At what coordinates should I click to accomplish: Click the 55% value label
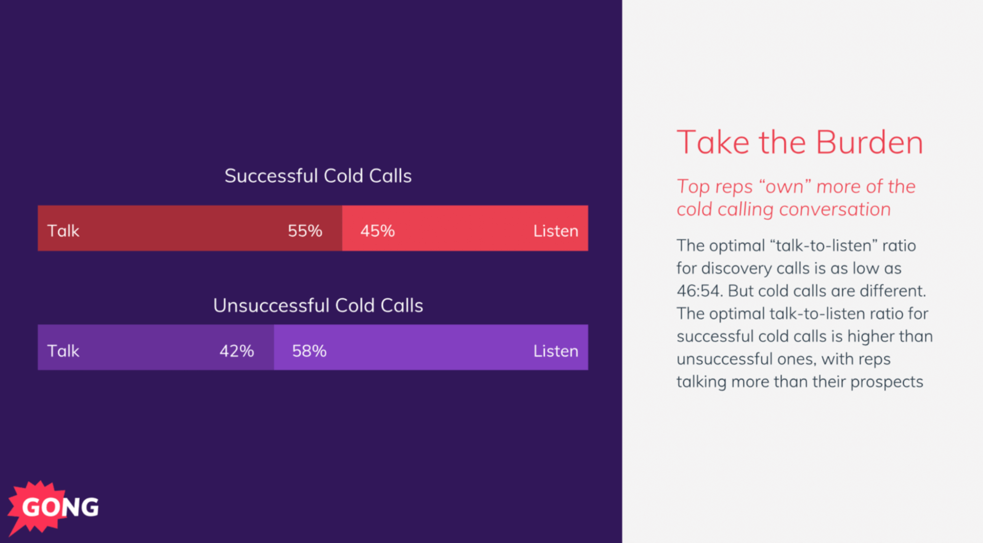[304, 231]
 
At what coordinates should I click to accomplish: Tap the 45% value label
[377, 231]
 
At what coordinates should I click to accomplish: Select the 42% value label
[237, 351]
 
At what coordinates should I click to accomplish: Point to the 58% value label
[309, 351]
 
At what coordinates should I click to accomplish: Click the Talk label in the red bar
[63, 231]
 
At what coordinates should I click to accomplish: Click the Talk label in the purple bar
[63, 351]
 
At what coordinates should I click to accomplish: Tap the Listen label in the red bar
[555, 231]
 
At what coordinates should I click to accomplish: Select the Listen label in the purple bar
[555, 351]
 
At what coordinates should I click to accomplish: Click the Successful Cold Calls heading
[318, 176]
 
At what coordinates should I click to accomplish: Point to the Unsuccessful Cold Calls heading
[318, 306]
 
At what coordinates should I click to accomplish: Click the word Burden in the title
[869, 143]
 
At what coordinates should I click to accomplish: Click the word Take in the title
[713, 143]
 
